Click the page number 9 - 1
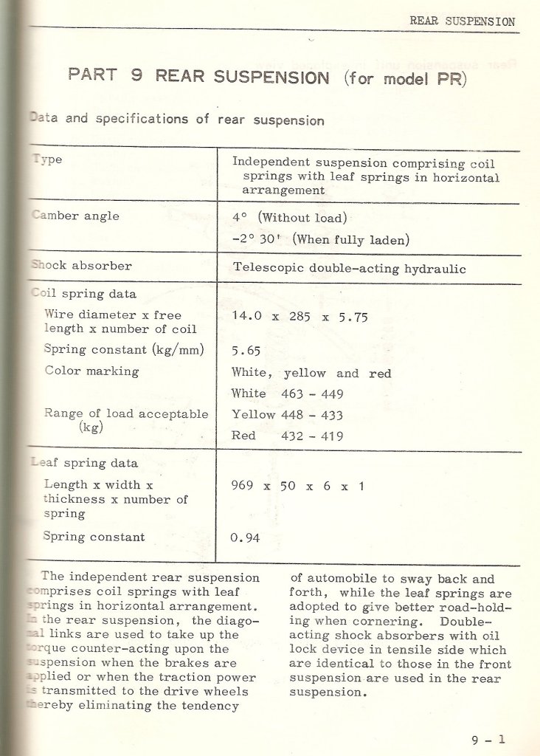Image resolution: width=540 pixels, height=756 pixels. (488, 739)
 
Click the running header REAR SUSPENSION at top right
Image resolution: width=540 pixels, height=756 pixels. (462, 21)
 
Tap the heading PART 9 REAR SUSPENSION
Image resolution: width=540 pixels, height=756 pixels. (198, 77)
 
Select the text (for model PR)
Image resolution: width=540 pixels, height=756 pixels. (405, 78)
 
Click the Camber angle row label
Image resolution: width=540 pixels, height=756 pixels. (75, 216)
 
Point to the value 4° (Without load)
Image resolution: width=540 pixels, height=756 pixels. (289, 217)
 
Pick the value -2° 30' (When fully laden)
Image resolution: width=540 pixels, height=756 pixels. (321, 238)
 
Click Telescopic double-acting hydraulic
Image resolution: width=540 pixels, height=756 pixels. (349, 269)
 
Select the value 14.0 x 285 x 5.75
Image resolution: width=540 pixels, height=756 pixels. (300, 316)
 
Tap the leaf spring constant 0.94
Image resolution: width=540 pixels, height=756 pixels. (245, 537)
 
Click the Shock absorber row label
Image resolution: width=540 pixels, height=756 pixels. (81, 266)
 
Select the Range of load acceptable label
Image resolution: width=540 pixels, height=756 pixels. (125, 414)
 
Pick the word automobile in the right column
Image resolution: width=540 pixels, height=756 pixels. (338, 580)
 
